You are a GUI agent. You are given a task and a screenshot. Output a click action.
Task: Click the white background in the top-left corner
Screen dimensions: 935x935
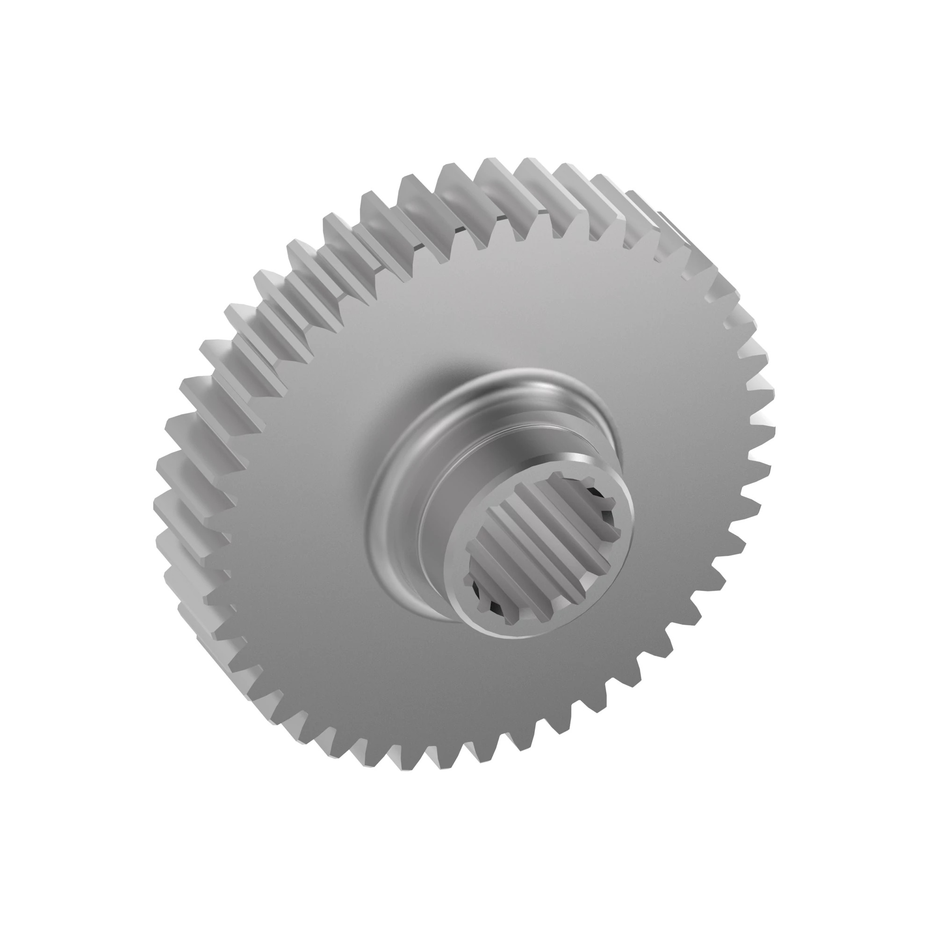[49, 49]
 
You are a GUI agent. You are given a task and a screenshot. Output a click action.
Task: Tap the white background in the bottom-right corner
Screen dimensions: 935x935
[885, 885]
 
